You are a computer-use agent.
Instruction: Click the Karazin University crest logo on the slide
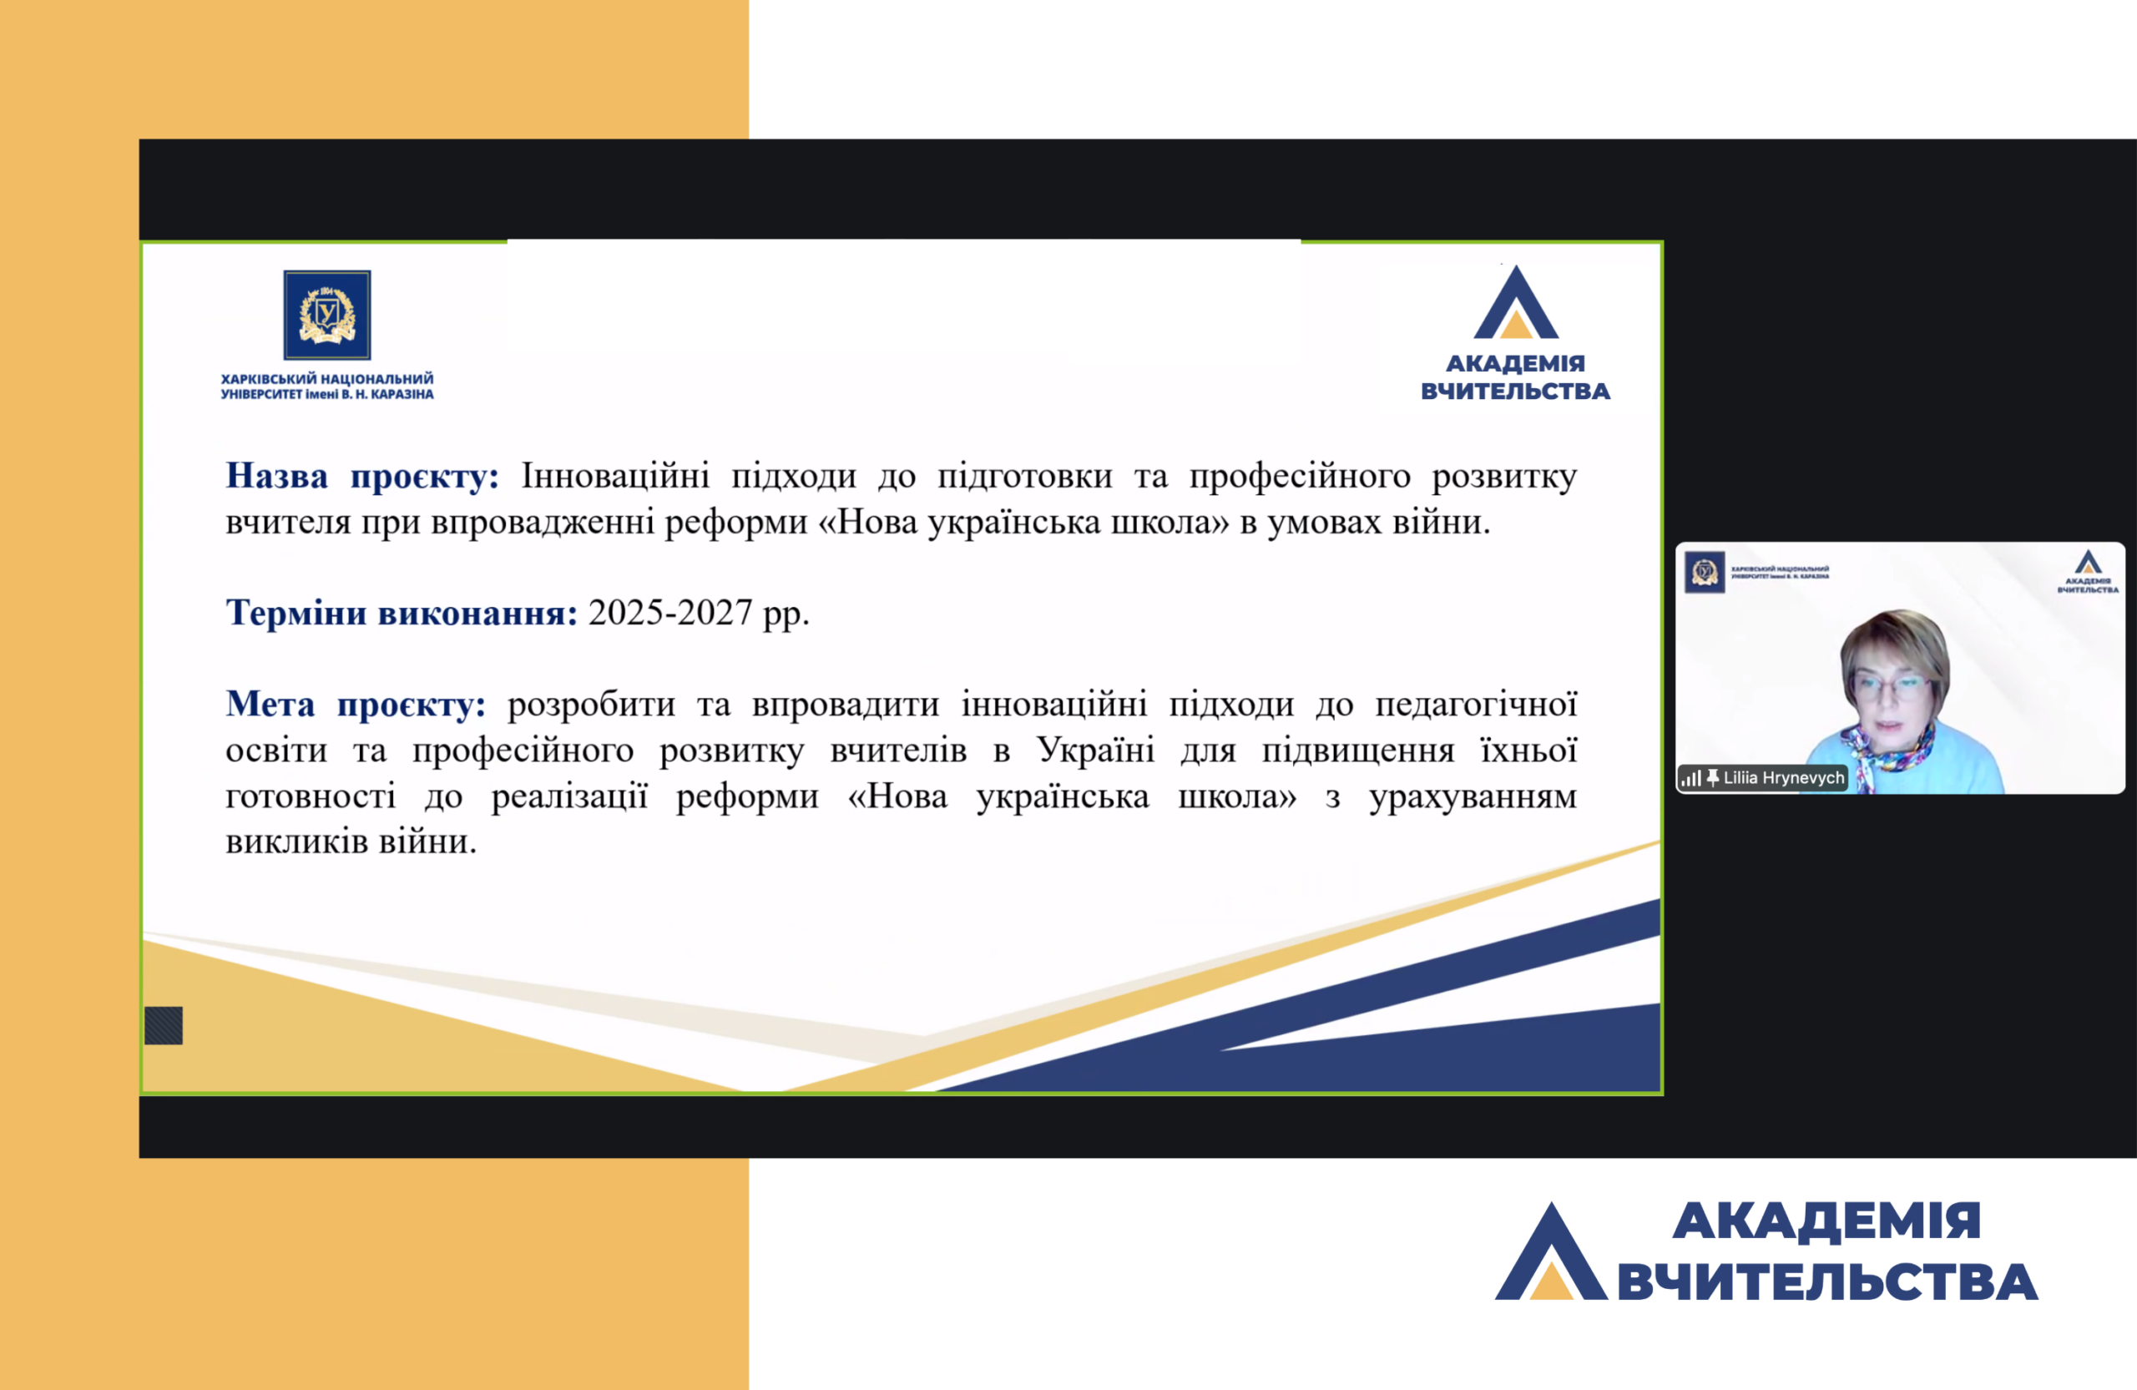pos(327,316)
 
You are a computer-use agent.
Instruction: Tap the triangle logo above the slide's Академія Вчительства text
pos(1516,302)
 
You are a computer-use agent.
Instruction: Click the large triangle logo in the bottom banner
pos(1551,1251)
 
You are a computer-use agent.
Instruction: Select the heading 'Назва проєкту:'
pos(361,476)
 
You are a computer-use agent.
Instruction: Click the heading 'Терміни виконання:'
pos(402,613)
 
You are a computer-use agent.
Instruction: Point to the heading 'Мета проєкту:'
pos(356,704)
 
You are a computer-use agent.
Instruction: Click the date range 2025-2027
pos(669,613)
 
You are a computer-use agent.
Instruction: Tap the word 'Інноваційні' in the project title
pos(615,475)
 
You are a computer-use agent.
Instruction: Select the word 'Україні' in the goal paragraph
pos(1095,749)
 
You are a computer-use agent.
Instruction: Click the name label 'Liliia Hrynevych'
pos(1783,777)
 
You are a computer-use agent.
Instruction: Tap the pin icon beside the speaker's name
pos(1712,777)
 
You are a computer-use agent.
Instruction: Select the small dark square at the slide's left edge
pos(164,1025)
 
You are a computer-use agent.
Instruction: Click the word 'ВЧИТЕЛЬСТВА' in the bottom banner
pos(1826,1281)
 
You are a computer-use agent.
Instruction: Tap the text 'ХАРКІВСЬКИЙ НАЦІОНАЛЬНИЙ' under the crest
pos(327,379)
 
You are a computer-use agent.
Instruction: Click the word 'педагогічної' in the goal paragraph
pos(1476,705)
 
